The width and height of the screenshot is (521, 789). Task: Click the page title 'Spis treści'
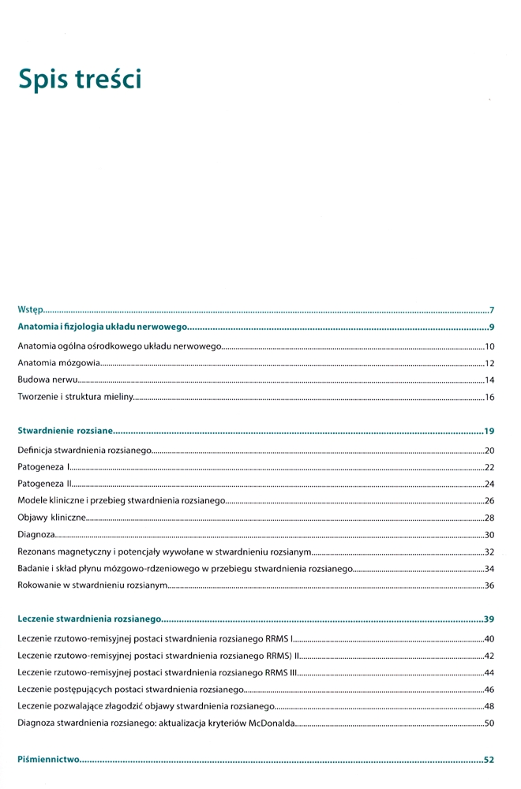80,79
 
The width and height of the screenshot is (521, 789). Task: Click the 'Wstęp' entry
30,310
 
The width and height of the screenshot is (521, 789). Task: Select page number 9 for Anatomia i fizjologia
491,327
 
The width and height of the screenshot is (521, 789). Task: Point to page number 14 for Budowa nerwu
489,380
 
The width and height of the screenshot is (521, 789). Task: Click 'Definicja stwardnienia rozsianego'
84,450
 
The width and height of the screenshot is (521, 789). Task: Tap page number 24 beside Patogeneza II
489,484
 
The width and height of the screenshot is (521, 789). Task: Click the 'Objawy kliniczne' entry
51,518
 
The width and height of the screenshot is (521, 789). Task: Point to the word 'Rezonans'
38,552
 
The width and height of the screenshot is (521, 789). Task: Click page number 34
489,569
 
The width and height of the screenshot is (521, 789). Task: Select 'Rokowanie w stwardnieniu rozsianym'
92,585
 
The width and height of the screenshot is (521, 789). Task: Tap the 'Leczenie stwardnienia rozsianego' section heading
89,621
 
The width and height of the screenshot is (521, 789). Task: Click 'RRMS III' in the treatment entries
279,672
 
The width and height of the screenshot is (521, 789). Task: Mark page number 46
489,690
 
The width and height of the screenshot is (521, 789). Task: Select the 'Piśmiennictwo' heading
49,760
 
